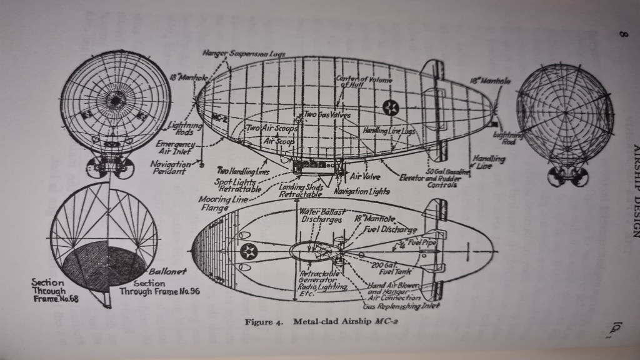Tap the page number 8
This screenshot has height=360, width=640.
point(622,36)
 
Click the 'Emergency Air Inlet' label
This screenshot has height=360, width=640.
point(176,147)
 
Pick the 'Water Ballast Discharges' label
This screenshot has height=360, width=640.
point(321,216)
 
